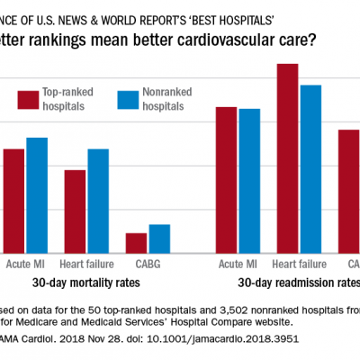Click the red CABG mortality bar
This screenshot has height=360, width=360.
[136, 244]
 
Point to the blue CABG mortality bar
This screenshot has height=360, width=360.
[159, 239]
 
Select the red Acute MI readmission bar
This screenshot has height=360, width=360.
[226, 181]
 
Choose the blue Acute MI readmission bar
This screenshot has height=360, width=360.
[249, 182]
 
